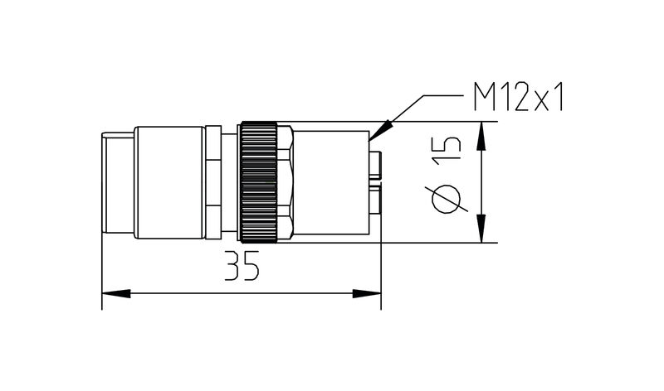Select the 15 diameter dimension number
[x=447, y=150]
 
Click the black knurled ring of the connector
[x=258, y=182]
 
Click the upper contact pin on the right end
[x=376, y=164]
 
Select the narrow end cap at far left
[x=116, y=182]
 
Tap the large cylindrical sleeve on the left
[x=169, y=182]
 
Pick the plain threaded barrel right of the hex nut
[x=332, y=182]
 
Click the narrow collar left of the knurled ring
[x=213, y=182]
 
